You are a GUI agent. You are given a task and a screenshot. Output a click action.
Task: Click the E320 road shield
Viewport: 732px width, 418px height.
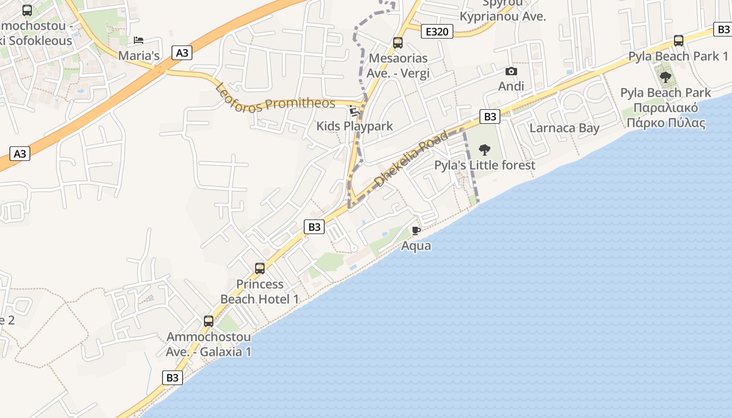437,32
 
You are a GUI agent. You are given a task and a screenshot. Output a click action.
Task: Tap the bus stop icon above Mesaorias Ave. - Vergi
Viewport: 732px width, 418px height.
398,43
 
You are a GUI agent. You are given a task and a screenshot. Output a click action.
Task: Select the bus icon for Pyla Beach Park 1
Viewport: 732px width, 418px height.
678,40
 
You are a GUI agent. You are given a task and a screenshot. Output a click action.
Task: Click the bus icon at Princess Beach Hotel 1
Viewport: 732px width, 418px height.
260,269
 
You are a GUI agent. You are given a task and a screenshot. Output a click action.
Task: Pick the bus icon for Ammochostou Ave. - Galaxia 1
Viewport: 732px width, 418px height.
209,321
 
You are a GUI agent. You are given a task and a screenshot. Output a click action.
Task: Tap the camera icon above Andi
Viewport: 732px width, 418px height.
511,71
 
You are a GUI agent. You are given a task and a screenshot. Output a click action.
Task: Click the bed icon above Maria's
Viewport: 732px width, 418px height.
139,40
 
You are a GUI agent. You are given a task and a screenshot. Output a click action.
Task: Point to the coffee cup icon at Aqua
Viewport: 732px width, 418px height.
416,230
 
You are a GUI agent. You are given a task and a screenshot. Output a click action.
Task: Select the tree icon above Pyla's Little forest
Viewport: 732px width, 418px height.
485,150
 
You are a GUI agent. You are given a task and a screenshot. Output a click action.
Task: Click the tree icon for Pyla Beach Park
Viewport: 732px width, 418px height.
665,78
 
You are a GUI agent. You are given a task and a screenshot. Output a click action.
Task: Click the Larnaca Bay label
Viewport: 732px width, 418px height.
564,128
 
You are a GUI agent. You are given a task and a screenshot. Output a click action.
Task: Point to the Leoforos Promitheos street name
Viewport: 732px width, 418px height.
275,97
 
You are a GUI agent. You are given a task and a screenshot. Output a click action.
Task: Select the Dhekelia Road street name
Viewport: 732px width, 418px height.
412,159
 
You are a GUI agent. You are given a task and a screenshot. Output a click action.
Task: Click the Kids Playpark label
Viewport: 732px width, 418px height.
354,126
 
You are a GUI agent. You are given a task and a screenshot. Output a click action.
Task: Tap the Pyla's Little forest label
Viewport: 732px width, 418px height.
485,166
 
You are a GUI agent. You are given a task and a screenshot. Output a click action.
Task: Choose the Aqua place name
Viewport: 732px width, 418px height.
416,246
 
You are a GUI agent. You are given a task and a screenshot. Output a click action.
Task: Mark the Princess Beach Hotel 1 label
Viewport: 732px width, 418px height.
260,292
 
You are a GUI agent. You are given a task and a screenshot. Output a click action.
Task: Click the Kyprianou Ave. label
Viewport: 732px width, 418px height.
502,16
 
